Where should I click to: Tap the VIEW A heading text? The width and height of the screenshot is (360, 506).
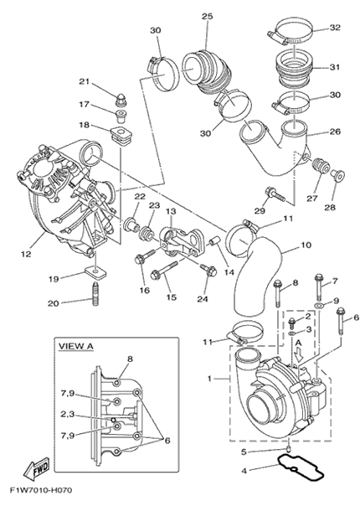tap(75, 346)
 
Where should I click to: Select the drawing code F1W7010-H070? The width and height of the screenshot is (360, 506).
tap(41, 491)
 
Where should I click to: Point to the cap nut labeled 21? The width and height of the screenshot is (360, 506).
tap(121, 99)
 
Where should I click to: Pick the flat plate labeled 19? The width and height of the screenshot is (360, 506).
tap(96, 275)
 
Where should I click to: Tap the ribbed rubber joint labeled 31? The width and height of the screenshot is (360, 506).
tap(294, 69)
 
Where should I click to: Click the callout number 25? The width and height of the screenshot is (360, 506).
tap(208, 16)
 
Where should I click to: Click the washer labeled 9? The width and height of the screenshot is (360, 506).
tap(319, 305)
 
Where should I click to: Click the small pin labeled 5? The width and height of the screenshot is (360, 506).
tap(289, 449)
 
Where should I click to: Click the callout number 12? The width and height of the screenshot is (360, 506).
tap(26, 254)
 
